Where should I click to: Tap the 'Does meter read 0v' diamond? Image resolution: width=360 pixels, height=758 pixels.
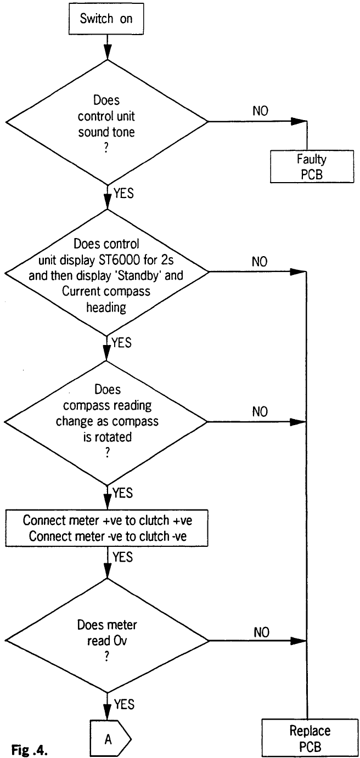tap(105, 640)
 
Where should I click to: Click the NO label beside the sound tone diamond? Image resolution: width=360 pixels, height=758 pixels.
tap(260, 111)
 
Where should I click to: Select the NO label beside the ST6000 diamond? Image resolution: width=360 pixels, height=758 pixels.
tap(260, 262)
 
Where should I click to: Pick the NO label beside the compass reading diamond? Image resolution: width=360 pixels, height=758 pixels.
tap(260, 411)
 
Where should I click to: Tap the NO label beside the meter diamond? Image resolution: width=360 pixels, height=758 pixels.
tap(262, 631)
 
